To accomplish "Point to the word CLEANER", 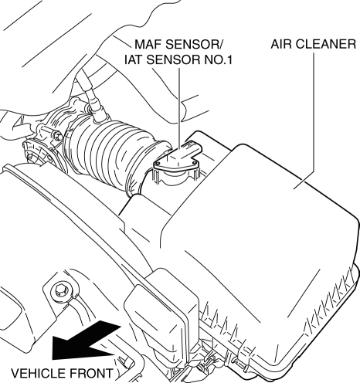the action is click(x=325, y=44).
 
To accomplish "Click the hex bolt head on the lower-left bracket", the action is click(x=60, y=292).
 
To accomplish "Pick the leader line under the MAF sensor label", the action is click(x=178, y=110).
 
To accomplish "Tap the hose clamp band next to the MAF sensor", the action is click(x=138, y=168).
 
